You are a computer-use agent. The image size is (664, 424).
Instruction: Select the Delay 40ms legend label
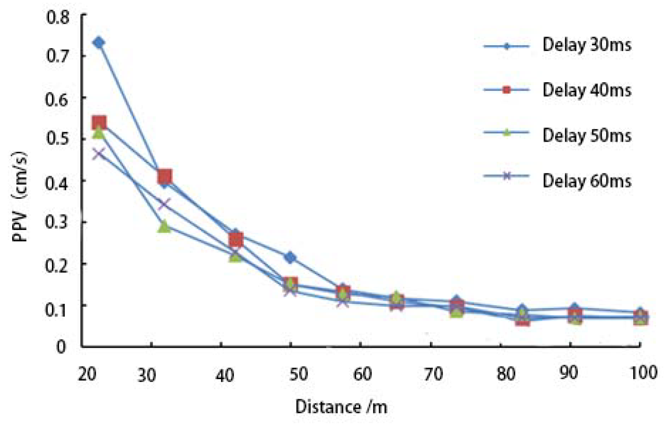586,90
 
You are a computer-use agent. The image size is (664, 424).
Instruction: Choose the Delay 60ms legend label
586,180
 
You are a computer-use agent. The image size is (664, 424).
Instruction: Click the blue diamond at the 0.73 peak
99,43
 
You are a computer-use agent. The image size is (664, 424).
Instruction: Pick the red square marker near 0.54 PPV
99,123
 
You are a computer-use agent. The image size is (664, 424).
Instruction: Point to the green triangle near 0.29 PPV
164,227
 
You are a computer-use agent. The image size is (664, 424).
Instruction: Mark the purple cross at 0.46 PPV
99,154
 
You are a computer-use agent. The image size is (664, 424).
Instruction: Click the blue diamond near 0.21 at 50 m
290,258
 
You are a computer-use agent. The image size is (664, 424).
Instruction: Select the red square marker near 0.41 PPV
164,176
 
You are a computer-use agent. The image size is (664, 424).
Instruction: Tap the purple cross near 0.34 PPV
164,204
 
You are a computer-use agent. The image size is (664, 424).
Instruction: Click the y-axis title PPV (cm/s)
20,196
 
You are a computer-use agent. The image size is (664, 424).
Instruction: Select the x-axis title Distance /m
341,407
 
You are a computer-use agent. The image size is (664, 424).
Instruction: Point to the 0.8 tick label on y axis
58,18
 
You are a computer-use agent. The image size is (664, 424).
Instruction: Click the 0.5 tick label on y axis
58,139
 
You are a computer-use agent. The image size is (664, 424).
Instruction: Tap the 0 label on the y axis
61,347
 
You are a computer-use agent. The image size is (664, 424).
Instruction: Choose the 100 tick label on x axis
643,373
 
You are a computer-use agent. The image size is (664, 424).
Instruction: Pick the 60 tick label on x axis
362,374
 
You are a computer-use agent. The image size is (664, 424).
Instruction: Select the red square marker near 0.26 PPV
236,240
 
